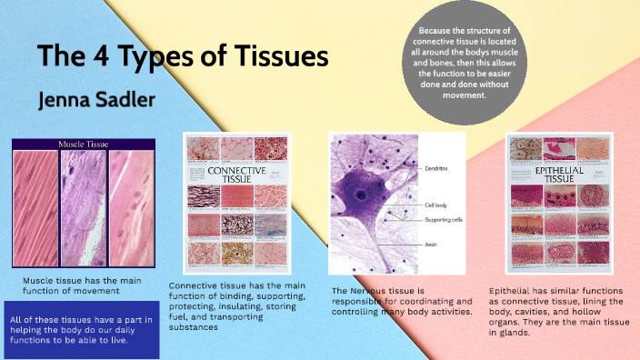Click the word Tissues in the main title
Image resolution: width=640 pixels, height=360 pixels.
(x=272, y=57)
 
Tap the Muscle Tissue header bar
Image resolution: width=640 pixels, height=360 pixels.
(x=85, y=144)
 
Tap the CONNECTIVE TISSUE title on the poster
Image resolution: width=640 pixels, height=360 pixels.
(x=237, y=175)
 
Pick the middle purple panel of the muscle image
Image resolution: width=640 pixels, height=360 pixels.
(x=84, y=208)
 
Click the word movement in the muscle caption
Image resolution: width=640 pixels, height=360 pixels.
(x=119, y=291)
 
